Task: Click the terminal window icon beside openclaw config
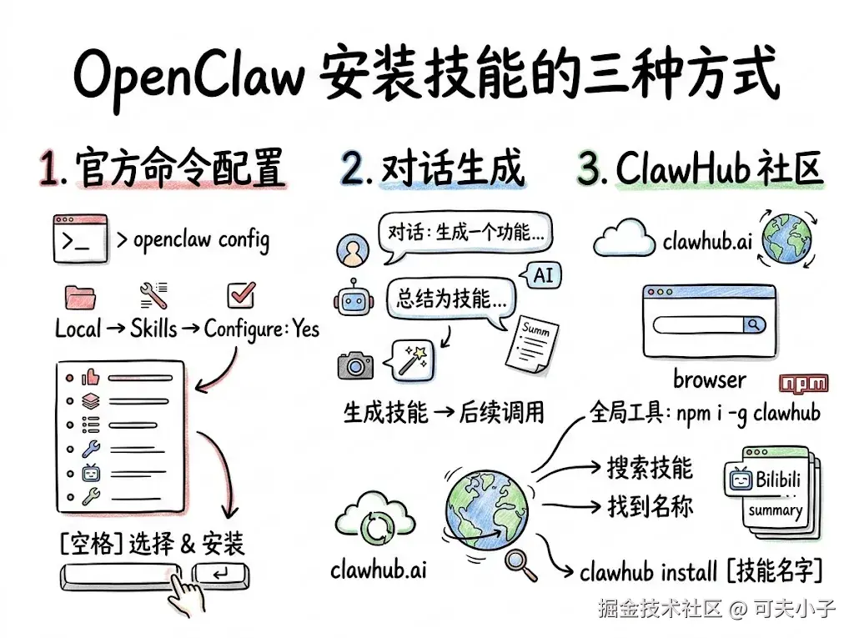80,239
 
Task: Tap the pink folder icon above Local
80,297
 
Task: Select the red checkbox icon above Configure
241,294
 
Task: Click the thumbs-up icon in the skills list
90,377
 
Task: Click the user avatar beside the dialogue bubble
353,250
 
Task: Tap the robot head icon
354,298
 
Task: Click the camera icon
355,365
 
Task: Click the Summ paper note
531,344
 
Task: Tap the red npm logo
803,383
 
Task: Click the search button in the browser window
754,324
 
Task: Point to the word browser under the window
710,379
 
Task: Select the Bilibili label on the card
778,480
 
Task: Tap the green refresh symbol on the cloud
376,527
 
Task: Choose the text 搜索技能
650,468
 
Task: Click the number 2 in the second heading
354,168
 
